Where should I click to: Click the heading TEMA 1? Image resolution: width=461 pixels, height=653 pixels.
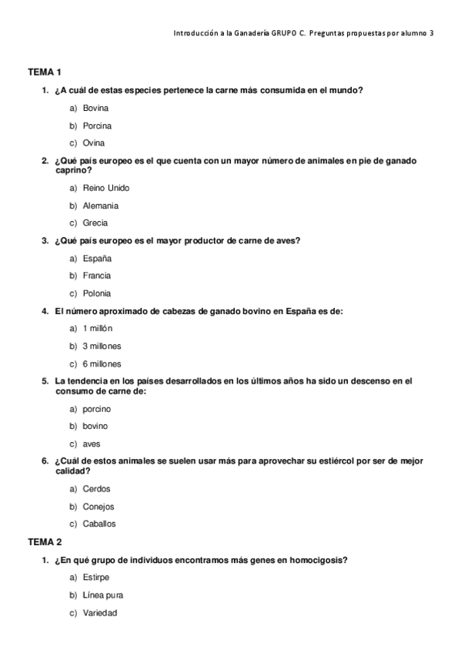coord(45,72)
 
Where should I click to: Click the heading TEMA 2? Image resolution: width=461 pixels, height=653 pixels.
coord(45,542)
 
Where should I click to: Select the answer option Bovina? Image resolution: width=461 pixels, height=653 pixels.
coord(95,108)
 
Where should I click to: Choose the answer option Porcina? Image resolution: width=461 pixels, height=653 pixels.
coord(97,126)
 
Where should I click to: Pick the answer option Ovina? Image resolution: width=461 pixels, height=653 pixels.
coord(93,143)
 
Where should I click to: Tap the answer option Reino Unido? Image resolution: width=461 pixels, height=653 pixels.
coord(105,188)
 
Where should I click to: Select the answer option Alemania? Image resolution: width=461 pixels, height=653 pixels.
coord(100,206)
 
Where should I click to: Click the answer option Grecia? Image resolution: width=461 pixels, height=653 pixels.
coord(95,223)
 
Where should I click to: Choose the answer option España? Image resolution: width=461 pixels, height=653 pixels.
coord(97,258)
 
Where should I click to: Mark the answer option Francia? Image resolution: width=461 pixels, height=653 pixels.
coord(97,276)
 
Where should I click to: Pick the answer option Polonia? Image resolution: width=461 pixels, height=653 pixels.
coord(97,293)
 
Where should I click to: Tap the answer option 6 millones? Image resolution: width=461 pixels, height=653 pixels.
coord(102,364)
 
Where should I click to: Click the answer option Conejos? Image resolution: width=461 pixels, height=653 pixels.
coord(99,507)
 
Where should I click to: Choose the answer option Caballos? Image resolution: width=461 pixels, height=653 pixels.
coord(99,524)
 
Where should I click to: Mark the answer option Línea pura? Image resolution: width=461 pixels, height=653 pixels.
coord(102,595)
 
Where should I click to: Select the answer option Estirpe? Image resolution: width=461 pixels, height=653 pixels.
coord(96,578)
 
